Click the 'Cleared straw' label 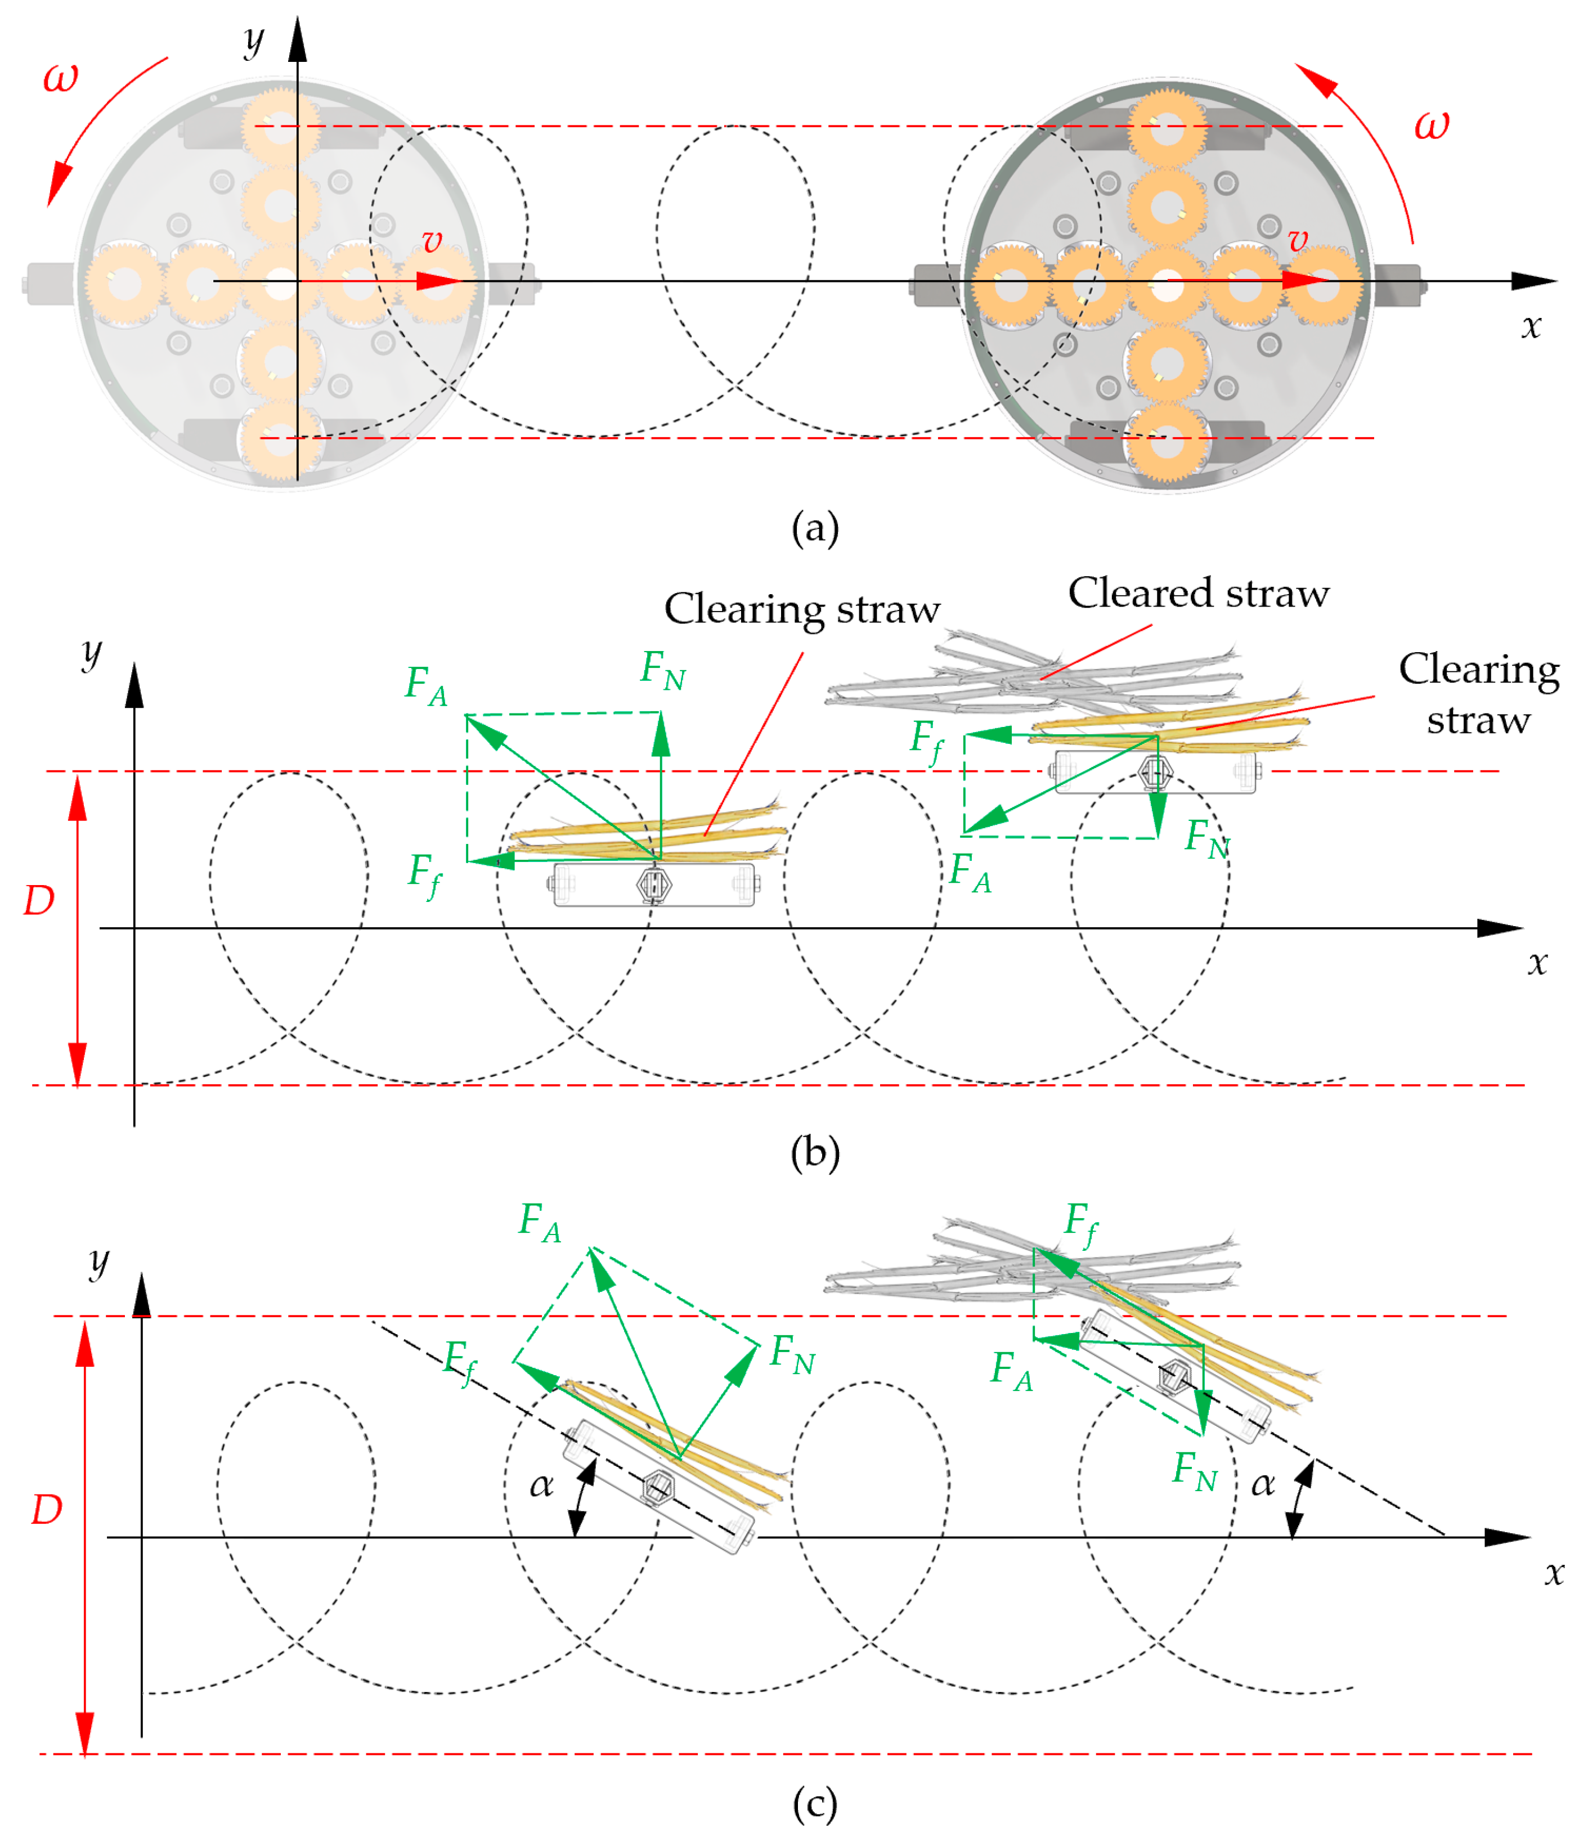coord(1198,593)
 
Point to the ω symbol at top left coord(61,78)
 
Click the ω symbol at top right coord(1431,125)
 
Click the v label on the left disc coord(432,240)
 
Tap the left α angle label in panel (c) coord(541,1483)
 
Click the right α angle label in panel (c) coord(1263,1483)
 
